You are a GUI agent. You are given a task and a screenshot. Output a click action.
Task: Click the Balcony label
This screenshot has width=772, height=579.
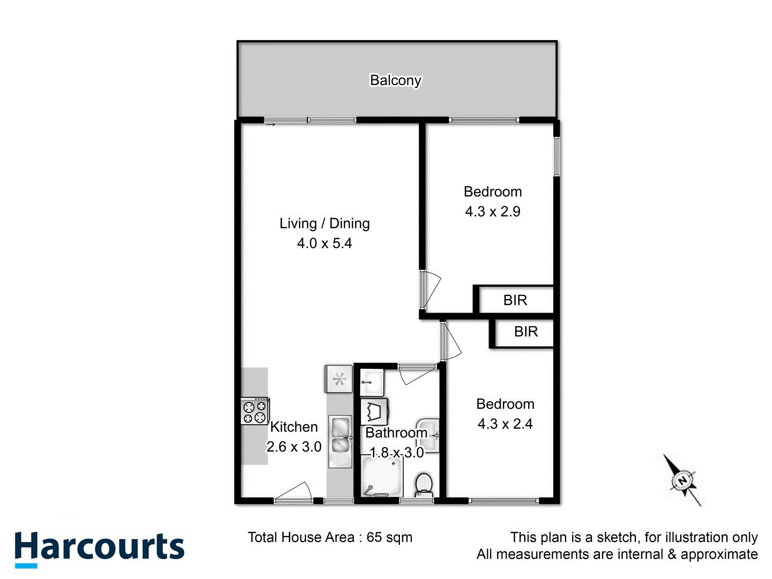396,80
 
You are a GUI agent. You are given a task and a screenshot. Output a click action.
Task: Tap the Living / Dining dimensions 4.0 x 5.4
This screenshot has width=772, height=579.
324,243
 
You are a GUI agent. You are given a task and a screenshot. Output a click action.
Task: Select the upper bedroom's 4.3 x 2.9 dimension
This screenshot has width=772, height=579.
493,212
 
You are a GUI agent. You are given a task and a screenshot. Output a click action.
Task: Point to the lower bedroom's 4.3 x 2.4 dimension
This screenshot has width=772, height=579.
505,424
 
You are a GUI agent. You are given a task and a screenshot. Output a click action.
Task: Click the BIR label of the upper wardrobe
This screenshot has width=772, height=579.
515,300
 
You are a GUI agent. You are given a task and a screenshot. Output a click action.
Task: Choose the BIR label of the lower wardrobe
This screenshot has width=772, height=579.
525,332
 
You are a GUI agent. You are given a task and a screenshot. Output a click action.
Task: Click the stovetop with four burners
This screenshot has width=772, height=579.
255,411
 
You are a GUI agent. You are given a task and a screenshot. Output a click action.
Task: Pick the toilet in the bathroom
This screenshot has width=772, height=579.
424,484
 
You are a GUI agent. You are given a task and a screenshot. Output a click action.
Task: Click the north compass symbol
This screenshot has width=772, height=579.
682,480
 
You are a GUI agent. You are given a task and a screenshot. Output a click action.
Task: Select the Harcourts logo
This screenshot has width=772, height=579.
100,548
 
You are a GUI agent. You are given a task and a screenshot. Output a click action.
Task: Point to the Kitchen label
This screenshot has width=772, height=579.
294,427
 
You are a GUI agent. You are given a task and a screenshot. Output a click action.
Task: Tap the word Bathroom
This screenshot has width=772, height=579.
396,433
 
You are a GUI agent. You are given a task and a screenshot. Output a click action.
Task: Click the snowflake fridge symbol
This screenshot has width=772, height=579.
339,380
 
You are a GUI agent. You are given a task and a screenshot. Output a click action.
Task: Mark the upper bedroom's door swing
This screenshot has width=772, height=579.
430,289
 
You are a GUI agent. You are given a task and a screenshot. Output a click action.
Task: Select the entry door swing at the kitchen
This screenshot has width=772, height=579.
294,493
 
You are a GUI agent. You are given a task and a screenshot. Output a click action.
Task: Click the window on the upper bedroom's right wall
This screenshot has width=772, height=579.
556,157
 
